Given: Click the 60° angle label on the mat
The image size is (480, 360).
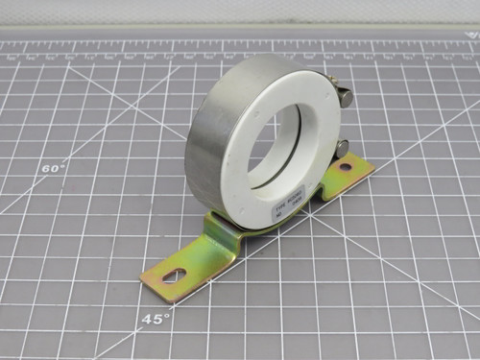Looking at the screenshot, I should pos(52,169).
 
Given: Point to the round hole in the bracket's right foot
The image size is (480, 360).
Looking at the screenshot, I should pos(344,168).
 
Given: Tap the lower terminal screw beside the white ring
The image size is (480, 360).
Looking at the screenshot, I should pos(342,147).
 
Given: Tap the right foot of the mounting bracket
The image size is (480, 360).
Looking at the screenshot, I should pos(346,173).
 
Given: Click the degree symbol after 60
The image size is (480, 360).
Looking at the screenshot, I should pos(63,165).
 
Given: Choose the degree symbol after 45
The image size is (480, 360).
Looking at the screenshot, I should pos(170,314).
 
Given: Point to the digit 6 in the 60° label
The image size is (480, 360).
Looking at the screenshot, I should pos(45,170).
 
